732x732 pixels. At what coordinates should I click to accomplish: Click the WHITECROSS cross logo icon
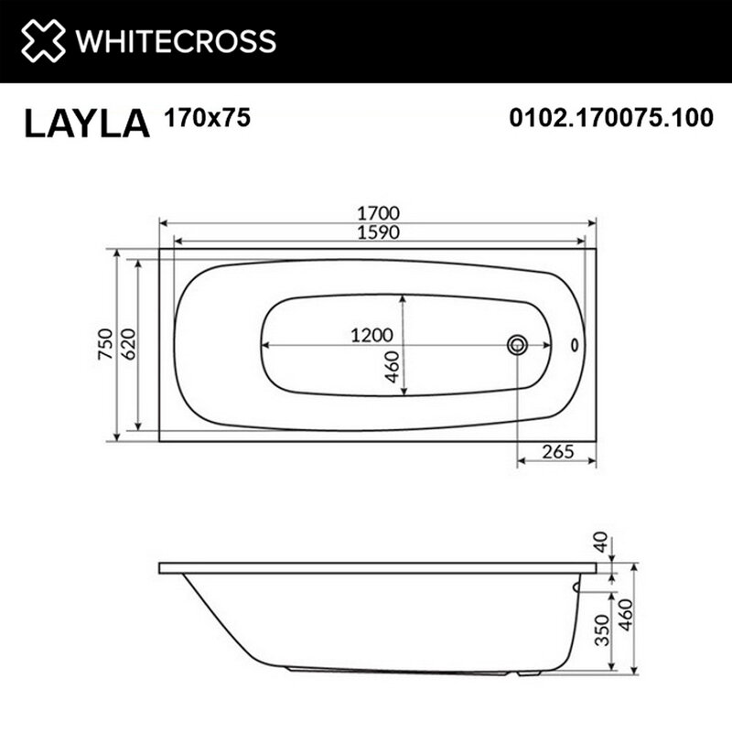43,40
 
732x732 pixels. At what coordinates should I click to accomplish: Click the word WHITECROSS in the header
176,41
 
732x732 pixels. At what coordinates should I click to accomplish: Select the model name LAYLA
87,124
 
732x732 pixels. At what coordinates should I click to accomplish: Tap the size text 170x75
208,117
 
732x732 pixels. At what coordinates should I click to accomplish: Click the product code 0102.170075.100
611,117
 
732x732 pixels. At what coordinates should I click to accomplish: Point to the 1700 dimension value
378,213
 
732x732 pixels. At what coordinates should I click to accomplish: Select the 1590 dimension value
378,232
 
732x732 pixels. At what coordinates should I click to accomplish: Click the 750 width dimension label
106,344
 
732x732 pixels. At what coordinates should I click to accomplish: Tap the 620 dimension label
128,344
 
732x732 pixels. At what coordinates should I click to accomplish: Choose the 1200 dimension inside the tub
371,335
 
